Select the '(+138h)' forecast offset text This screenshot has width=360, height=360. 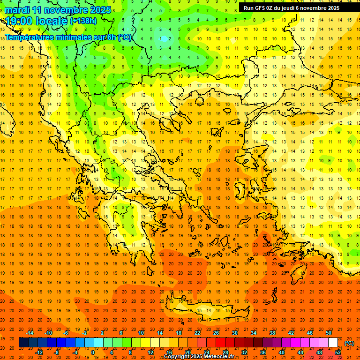83,21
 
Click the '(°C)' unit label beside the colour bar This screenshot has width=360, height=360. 349,344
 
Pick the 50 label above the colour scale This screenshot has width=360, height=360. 329,333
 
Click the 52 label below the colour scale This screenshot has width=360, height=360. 338,352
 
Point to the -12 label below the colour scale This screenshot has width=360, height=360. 39,352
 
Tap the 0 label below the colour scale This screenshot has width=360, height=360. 92,352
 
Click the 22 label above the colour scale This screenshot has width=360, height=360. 197,333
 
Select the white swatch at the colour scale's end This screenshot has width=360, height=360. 333,342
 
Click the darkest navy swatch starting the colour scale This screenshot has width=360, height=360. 23,342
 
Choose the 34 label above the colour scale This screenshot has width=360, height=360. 254,333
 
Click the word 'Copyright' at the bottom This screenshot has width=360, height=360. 177,357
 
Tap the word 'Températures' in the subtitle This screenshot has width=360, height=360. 26,37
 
